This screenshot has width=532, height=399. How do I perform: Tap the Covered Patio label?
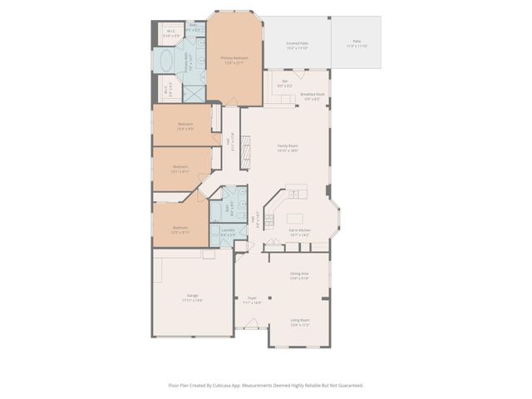tap(297, 43)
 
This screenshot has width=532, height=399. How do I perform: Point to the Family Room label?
tap(288, 147)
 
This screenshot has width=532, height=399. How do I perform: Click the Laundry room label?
tap(227, 231)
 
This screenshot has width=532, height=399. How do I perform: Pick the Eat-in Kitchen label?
tap(299, 230)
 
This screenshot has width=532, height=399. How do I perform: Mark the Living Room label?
tap(299, 320)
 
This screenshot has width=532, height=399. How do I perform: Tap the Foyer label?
tap(251, 298)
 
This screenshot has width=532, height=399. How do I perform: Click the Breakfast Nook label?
tap(313, 95)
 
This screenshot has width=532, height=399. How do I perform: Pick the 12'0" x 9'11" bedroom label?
tap(180, 228)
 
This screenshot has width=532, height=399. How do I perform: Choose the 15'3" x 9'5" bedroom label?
tap(185, 125)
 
